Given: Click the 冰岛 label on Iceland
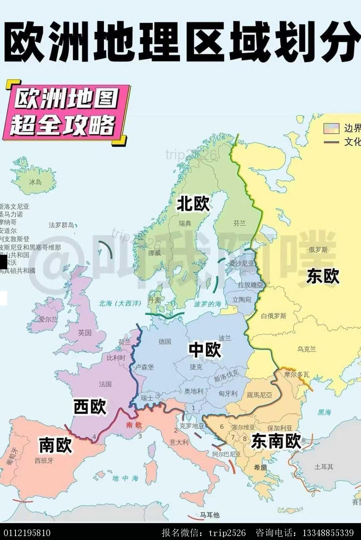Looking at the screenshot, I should pyautogui.click(x=35, y=182).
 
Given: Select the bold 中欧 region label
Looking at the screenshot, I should pyautogui.click(x=205, y=350).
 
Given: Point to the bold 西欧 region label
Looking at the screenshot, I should pyautogui.click(x=90, y=407).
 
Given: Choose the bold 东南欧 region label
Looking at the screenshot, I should pyautogui.click(x=276, y=441).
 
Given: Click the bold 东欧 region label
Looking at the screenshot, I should pyautogui.click(x=323, y=277).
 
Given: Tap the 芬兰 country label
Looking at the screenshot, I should pyautogui.click(x=239, y=223).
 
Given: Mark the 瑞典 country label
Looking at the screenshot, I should pyautogui.click(x=185, y=224).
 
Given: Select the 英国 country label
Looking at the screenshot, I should pyautogui.click(x=85, y=333).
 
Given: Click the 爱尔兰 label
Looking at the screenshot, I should pyautogui.click(x=48, y=319).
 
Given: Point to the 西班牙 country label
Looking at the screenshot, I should pyautogui.click(x=44, y=460).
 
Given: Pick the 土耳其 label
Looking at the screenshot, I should pyautogui.click(x=323, y=467).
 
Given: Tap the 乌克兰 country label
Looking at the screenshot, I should pyautogui.click(x=306, y=349).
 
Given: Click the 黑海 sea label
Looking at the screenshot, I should pyautogui.click(x=324, y=412).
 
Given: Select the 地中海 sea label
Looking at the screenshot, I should pyautogui.click(x=125, y=478).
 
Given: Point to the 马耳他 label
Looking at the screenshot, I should pyautogui.click(x=210, y=515).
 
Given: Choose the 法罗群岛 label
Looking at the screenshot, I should pyautogui.click(x=61, y=225).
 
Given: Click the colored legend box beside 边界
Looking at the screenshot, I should pyautogui.click(x=331, y=128).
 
